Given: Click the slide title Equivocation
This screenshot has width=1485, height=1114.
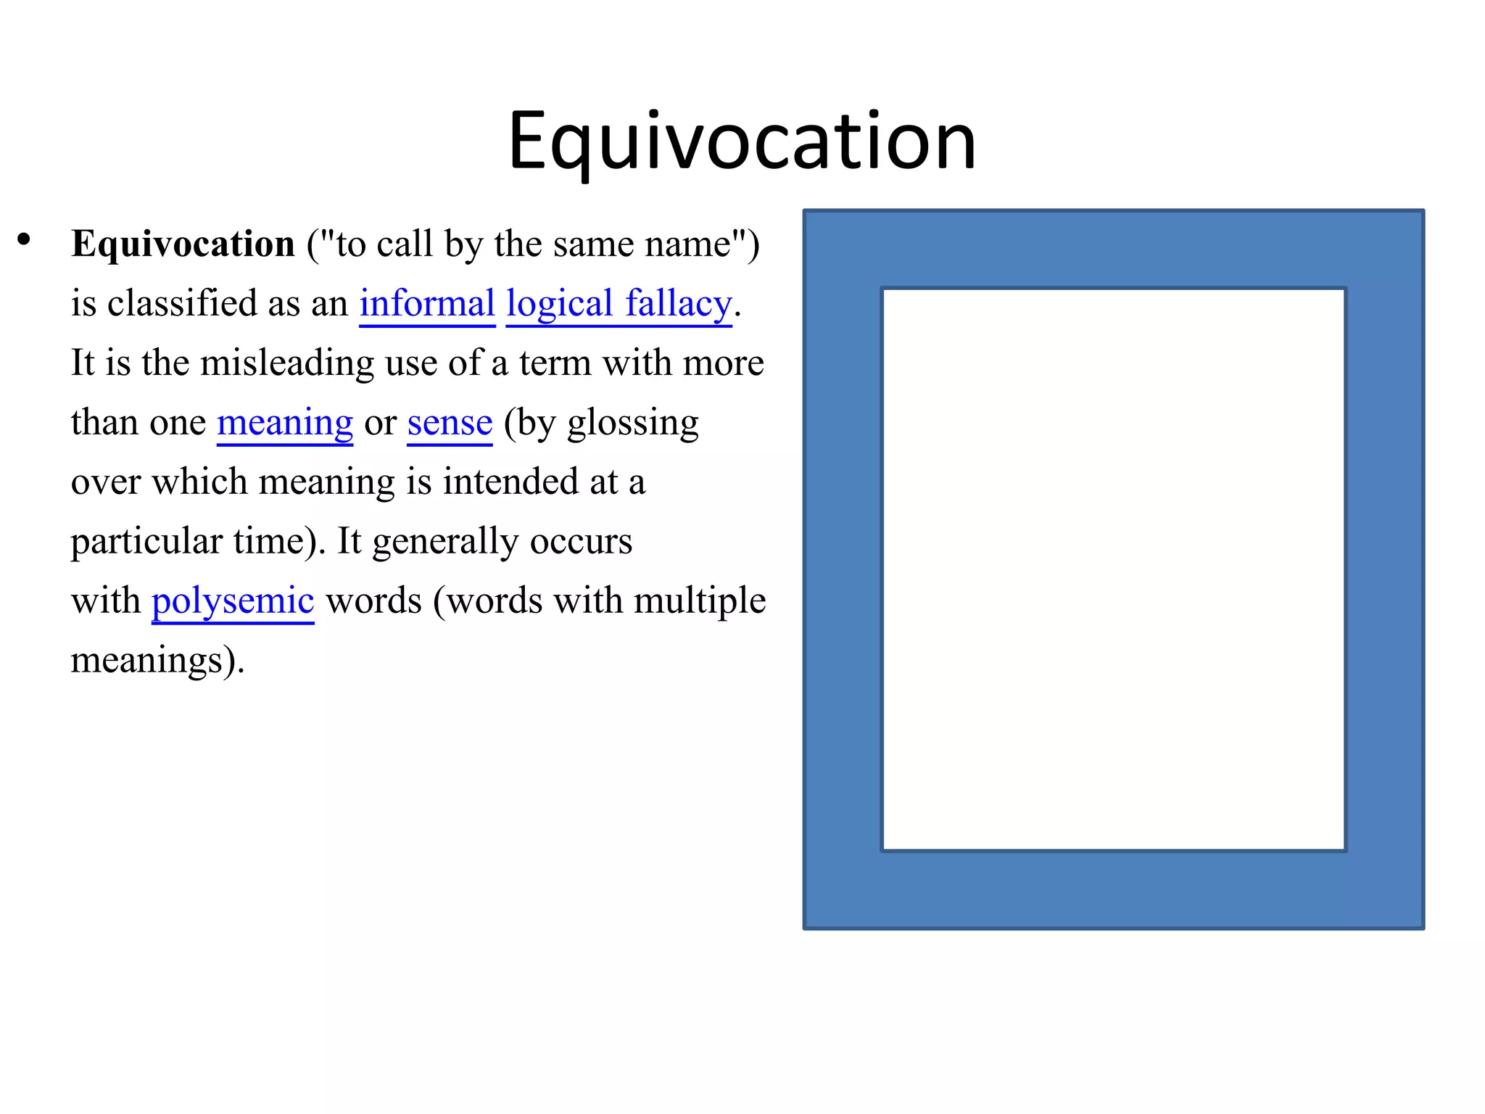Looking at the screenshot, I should click(742, 141).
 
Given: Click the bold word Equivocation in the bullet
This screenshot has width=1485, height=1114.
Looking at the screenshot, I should click(183, 244).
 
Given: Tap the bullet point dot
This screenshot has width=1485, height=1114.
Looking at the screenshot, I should click(25, 239).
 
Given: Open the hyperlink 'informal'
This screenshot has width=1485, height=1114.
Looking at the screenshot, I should click(427, 303).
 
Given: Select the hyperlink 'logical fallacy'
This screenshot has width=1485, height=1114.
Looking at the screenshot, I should click(619, 303).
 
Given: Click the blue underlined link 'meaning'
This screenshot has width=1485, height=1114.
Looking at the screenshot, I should click(285, 422).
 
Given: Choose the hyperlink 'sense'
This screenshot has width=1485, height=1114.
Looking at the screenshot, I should click(450, 422).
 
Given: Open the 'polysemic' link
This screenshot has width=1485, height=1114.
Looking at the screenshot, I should click(233, 601).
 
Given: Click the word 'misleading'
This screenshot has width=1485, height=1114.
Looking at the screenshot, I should click(287, 363).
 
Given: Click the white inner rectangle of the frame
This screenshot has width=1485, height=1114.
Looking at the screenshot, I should click(1114, 569).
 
